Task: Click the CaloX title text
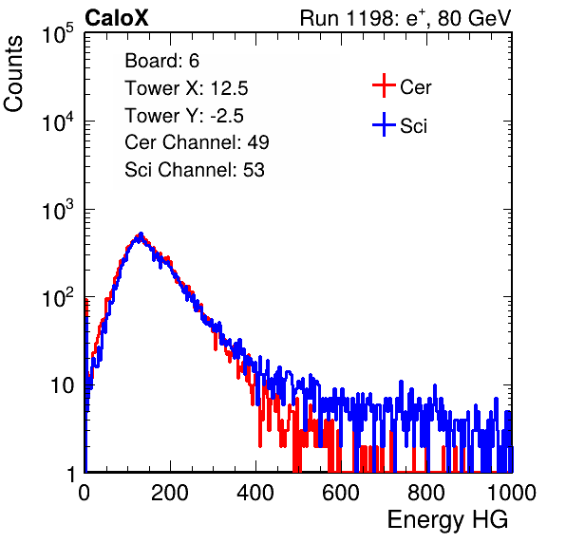[116, 18]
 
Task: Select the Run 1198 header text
[406, 18]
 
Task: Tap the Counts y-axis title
[13, 74]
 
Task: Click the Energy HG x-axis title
[447, 520]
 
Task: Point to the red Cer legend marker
[384, 85]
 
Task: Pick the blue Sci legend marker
[384, 125]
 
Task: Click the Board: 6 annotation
[161, 61]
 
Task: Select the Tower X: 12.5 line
[186, 88]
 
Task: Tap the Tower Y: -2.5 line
[184, 116]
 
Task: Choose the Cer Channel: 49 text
[197, 142]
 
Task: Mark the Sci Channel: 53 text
[195, 170]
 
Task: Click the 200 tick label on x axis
[170, 493]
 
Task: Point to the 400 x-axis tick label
[255, 493]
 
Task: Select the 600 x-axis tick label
[341, 493]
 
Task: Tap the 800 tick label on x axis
[426, 493]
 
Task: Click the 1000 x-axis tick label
[512, 493]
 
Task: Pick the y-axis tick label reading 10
[62, 385]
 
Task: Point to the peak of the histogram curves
[141, 234]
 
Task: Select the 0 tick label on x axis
[84, 493]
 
